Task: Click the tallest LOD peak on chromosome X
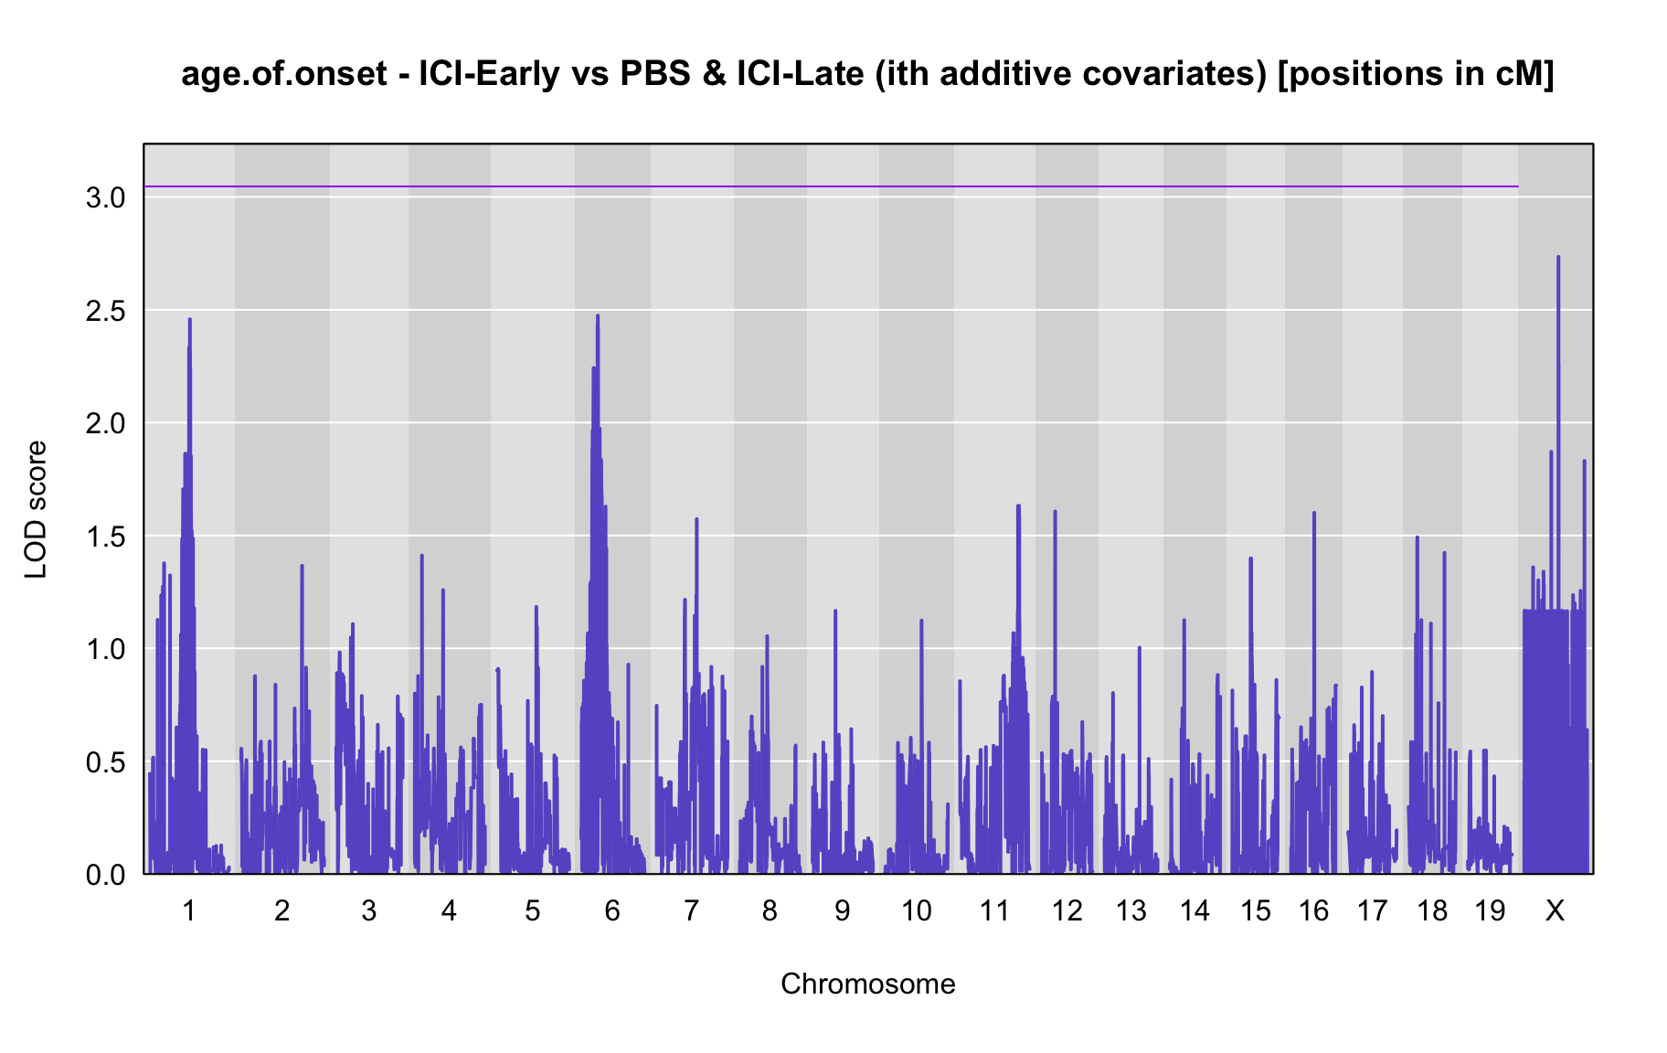1558,258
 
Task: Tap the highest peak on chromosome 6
598,316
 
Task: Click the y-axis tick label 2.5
105,311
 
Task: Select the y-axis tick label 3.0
105,197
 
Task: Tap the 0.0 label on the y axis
105,875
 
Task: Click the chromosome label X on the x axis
1555,910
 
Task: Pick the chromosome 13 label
1131,910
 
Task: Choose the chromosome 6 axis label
612,910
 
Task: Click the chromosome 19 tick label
1490,910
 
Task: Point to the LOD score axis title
36,509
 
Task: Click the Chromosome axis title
868,984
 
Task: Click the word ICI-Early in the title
489,74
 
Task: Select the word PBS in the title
651,74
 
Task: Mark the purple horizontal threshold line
831,186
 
